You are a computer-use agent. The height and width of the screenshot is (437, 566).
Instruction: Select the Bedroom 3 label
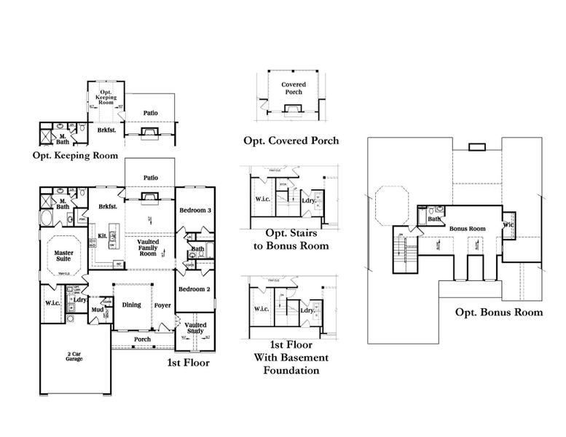(x=196, y=210)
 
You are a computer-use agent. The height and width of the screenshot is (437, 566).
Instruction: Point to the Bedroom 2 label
(x=195, y=289)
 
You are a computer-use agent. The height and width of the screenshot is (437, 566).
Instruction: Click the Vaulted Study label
(x=196, y=328)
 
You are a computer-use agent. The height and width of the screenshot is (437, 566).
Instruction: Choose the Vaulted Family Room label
(x=148, y=248)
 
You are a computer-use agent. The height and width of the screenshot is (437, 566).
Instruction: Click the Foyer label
(x=162, y=306)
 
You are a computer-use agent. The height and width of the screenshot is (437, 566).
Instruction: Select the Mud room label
(x=96, y=310)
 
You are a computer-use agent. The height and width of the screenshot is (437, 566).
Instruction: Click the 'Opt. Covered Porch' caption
(x=291, y=141)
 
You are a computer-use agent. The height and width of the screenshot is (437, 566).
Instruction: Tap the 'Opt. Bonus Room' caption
(x=499, y=312)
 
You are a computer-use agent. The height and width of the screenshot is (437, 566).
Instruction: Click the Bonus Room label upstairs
(x=467, y=229)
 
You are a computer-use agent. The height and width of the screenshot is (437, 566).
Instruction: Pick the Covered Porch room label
(x=294, y=89)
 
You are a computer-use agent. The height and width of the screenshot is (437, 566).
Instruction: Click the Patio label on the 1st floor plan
(x=151, y=177)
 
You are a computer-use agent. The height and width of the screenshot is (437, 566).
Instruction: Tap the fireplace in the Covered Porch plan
(x=293, y=110)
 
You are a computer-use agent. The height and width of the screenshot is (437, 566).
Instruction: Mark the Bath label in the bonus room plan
(x=435, y=219)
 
